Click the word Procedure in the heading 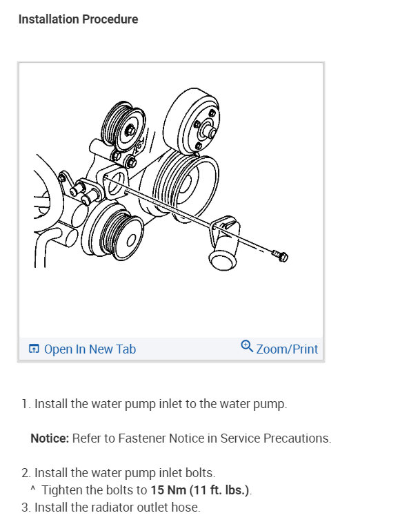click(x=110, y=19)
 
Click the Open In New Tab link click(x=90, y=349)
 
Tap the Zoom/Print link click(x=287, y=349)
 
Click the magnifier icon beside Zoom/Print click(x=247, y=347)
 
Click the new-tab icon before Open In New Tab click(x=34, y=349)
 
